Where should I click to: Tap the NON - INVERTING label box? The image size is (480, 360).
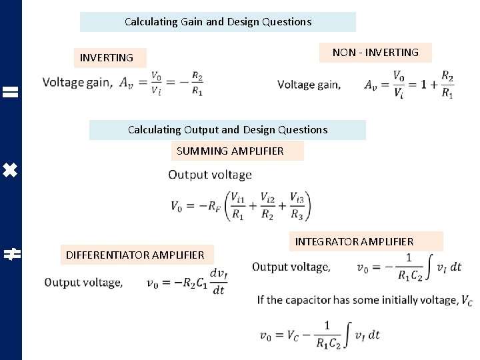point(375,53)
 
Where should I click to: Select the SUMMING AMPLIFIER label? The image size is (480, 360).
point(231,151)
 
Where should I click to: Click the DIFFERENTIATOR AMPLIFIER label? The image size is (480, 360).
point(135,255)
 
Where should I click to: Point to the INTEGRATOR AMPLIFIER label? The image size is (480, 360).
point(355,241)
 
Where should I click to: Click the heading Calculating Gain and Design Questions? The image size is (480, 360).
point(218,22)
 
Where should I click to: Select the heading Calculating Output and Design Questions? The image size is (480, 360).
point(228,130)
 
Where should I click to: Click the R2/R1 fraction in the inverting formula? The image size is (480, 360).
point(197,83)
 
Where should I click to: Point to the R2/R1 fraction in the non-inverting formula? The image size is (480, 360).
point(447,85)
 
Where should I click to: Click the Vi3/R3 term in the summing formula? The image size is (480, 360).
point(297,205)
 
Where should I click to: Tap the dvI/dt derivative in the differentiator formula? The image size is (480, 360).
point(217,281)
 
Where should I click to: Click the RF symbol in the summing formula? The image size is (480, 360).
point(213,206)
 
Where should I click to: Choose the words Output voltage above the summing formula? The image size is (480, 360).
point(210,175)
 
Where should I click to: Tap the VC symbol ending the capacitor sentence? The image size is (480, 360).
point(467,301)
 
